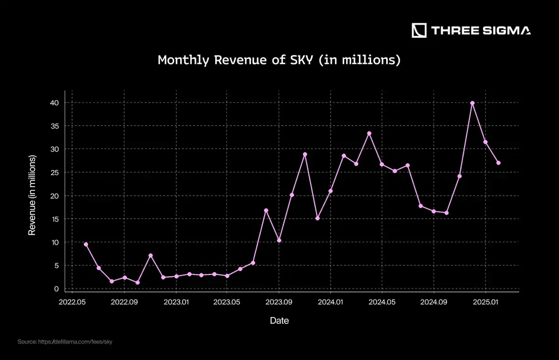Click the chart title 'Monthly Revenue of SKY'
coord(279,60)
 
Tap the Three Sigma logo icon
coord(419,31)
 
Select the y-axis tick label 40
coord(55,102)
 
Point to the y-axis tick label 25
coord(55,172)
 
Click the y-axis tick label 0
coord(56,289)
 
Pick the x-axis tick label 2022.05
coord(72,302)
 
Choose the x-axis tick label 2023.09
coord(279,302)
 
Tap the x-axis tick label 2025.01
coord(485,302)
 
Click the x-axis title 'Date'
coord(279,321)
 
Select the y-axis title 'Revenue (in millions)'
coord(32,195)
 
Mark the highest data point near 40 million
coord(472,103)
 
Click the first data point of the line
coord(86,244)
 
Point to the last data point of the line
coord(498,163)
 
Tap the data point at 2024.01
coord(330,191)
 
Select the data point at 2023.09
coord(279,240)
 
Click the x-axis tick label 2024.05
coord(382,302)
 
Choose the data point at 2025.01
coord(485,142)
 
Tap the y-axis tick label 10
coord(55,242)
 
